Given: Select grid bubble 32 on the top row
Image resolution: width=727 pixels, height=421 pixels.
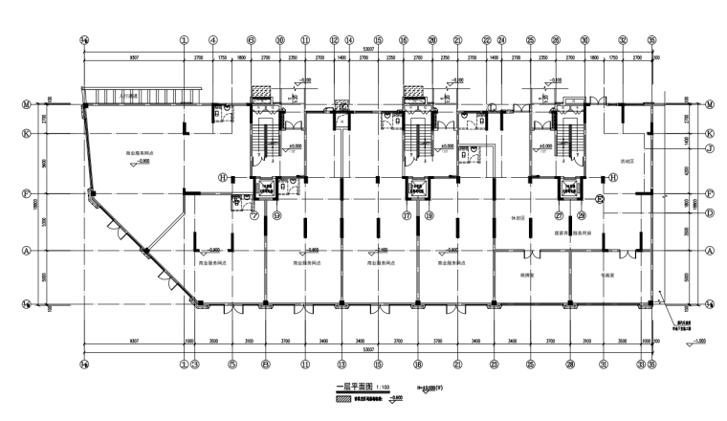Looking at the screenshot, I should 623,41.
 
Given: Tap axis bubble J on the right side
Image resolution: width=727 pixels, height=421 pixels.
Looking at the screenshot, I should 710,149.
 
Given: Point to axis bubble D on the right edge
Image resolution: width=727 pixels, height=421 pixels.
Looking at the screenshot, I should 710,212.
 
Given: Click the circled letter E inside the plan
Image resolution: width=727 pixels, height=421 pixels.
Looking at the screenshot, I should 600,199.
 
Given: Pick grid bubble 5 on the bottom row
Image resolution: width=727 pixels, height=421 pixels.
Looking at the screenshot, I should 231,365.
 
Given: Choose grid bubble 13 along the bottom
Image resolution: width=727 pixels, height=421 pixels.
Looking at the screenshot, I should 341,365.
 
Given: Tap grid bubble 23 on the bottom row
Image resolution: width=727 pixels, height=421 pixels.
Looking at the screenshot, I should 494,365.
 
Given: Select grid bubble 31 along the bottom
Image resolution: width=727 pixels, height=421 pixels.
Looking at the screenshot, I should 604,365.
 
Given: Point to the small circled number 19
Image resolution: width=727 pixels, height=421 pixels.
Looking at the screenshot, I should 430,215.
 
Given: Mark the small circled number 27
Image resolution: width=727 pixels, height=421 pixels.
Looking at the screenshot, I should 558,215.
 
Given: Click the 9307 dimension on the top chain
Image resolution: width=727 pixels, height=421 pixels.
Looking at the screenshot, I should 133,60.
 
